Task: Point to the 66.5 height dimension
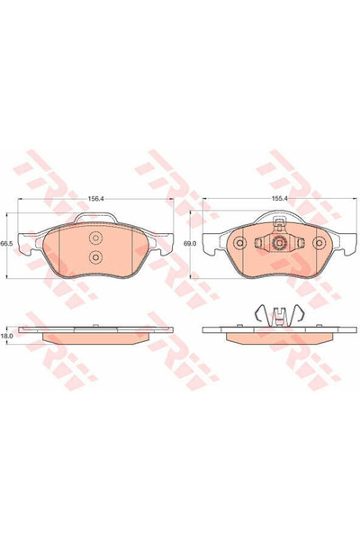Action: (x=6, y=244)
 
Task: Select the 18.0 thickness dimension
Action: (x=6, y=335)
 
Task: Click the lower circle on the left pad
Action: (x=96, y=256)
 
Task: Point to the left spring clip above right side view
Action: (x=260, y=313)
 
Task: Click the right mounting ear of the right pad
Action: (x=344, y=240)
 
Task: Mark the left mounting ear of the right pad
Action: (x=211, y=240)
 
